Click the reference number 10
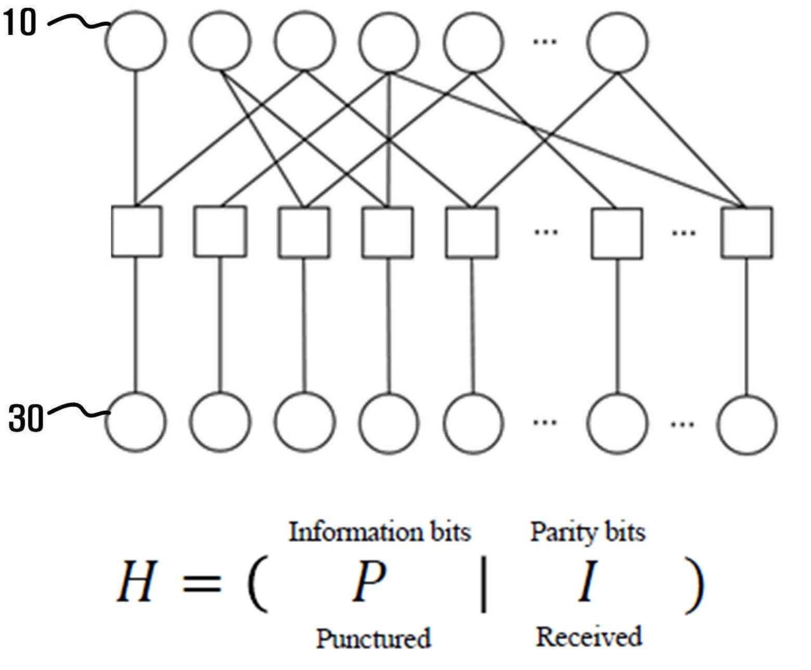pyautogui.click(x=19, y=22)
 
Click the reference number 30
pyautogui.click(x=25, y=418)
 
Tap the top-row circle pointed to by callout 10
pyautogui.click(x=136, y=11)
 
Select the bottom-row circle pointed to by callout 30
pyautogui.click(x=136, y=393)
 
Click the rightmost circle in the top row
pyautogui.click(x=617, y=12)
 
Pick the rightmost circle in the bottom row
pyautogui.click(x=746, y=395)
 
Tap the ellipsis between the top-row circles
pyautogui.click(x=545, y=41)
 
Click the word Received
pyautogui.click(x=588, y=637)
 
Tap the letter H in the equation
pyautogui.click(x=137, y=581)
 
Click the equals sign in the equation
pyautogui.click(x=202, y=583)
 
